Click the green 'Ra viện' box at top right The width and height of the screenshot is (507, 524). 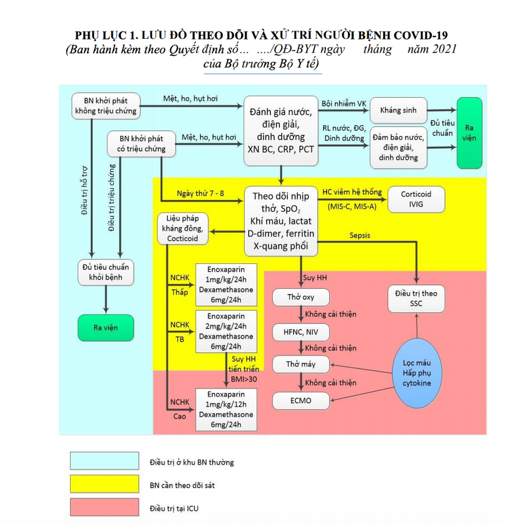(x=469, y=133)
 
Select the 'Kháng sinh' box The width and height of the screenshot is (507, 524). (x=398, y=110)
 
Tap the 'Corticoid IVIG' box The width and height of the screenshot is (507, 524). (x=416, y=199)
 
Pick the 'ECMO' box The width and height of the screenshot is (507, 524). (x=300, y=401)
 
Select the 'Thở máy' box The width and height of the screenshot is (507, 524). (x=300, y=364)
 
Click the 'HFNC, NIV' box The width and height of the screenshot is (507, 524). (x=300, y=331)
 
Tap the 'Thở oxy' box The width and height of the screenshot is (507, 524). (x=300, y=297)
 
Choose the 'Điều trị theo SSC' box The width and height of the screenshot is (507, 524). (x=416, y=298)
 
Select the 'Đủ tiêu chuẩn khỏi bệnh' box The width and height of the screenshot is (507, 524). (x=106, y=272)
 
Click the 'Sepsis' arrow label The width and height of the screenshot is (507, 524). (x=359, y=236)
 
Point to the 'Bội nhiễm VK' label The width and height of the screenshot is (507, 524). (x=344, y=103)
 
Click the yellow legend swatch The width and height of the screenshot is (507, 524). (x=104, y=484)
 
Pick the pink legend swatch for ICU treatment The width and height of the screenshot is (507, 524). (x=104, y=507)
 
